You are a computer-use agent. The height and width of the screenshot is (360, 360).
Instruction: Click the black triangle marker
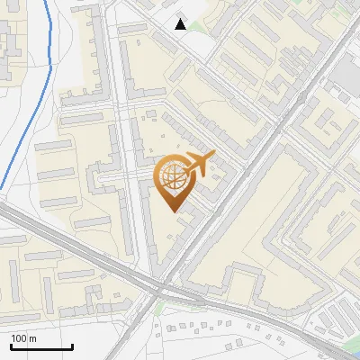pos(181,24)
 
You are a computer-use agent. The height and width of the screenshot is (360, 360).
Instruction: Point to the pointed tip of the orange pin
pos(175,211)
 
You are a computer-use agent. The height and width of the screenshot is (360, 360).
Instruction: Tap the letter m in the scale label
pos(33,338)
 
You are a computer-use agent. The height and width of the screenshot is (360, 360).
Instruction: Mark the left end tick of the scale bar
pos(11,346)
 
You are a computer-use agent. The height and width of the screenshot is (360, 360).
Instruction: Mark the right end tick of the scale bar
pos(72,346)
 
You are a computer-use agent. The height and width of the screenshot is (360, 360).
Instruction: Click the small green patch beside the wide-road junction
pos(159,306)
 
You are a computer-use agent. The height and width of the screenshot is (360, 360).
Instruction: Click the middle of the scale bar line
pos(41,346)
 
